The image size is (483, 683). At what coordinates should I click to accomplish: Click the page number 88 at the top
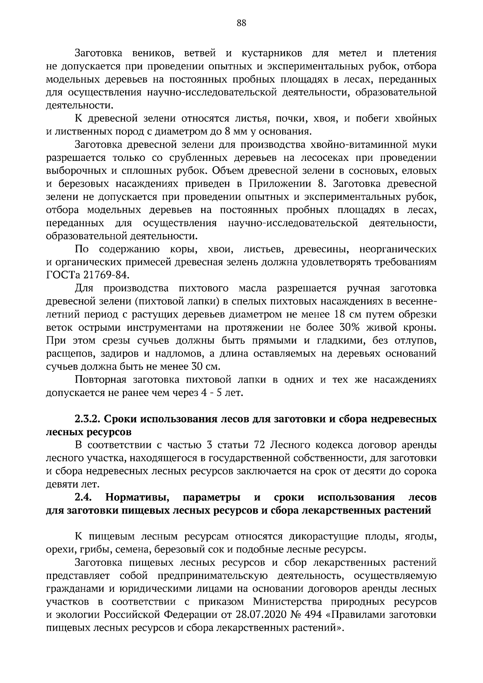241,23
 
